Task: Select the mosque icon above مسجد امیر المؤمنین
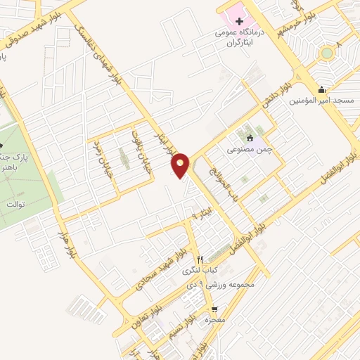point(322,89)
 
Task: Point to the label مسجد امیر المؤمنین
point(322,101)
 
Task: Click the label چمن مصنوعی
point(249,149)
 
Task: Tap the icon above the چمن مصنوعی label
point(250,138)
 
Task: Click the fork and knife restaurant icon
point(200,259)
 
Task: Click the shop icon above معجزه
point(214,309)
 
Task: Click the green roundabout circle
point(326,53)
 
